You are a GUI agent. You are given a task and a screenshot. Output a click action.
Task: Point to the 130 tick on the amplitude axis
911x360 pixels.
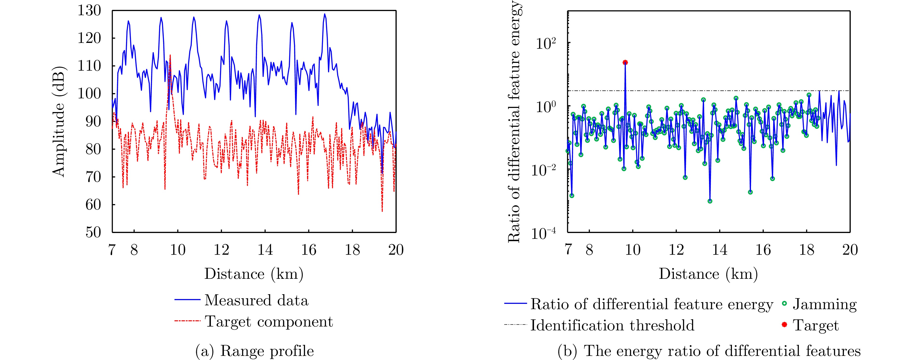click(89, 11)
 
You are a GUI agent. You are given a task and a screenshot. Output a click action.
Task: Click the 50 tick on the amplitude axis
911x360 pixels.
click(93, 232)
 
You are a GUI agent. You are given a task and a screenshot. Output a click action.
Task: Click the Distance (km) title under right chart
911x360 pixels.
click(708, 274)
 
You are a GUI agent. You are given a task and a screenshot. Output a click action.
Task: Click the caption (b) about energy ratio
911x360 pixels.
click(709, 351)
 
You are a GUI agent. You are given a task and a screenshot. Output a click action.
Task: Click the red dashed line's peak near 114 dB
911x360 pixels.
click(170, 55)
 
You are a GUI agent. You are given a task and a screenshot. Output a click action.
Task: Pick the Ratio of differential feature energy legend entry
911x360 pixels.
click(651, 304)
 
